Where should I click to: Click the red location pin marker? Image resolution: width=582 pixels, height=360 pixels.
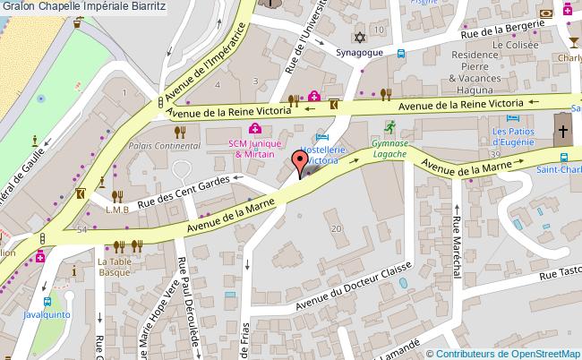(299, 165)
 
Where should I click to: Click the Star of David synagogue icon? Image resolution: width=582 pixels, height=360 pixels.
(361, 39)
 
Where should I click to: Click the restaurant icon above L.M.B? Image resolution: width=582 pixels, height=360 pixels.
(116, 195)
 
